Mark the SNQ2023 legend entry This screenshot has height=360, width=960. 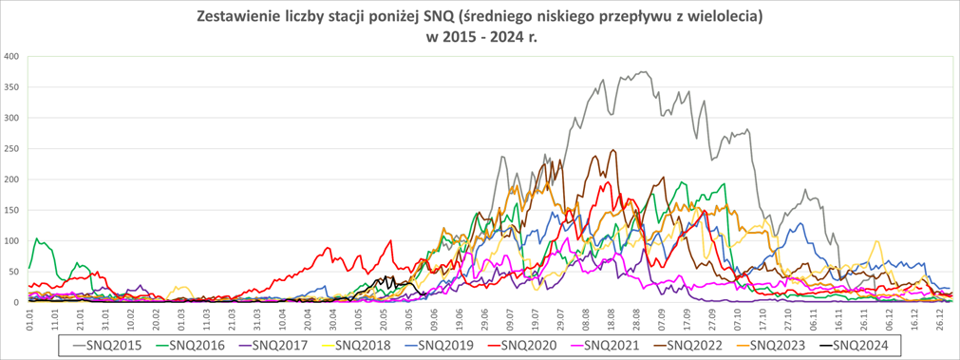tap(772, 345)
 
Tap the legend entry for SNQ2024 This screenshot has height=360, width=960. tap(854, 345)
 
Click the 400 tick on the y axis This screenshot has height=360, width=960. tap(12, 56)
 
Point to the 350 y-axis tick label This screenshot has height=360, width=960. tap(12, 87)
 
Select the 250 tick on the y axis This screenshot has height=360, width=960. tap(12, 149)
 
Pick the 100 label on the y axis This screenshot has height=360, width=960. tap(12, 241)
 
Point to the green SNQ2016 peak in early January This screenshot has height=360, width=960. tap(37, 239)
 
